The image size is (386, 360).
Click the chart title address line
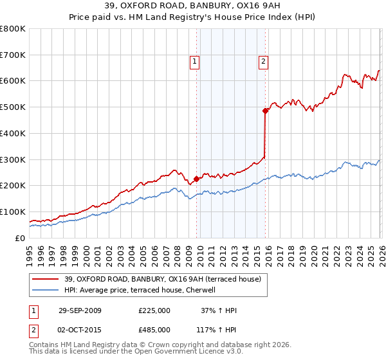point(193,6)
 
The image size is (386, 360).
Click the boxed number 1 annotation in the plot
point(194,62)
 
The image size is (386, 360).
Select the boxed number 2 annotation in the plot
point(264,62)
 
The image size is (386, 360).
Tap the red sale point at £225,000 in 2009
point(197,179)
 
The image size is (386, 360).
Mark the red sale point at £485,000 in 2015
point(265,111)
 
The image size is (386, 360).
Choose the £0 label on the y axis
point(19,238)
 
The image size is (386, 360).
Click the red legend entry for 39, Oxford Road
point(162,279)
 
